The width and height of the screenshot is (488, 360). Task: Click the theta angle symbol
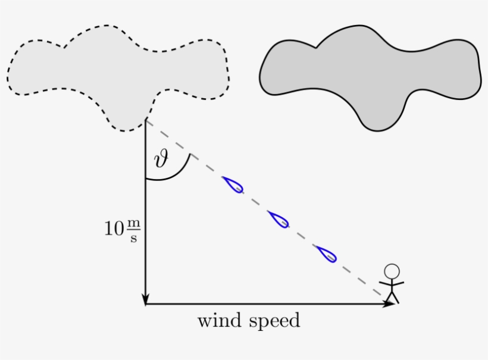(161, 159)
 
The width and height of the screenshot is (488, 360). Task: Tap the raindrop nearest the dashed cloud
(233, 184)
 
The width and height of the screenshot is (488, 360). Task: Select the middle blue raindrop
(279, 219)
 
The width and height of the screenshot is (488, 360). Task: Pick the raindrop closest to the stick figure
(326, 253)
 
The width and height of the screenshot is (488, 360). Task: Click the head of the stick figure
(391, 271)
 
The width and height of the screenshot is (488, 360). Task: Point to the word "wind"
(218, 321)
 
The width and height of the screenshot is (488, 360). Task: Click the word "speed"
(274, 322)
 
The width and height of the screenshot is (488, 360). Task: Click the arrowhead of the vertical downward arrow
(146, 299)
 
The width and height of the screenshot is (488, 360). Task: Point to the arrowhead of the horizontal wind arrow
(389, 304)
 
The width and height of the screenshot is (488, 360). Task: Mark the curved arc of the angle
(179, 173)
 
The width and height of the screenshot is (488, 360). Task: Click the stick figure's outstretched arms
(392, 283)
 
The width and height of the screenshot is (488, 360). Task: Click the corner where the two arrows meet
(146, 304)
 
